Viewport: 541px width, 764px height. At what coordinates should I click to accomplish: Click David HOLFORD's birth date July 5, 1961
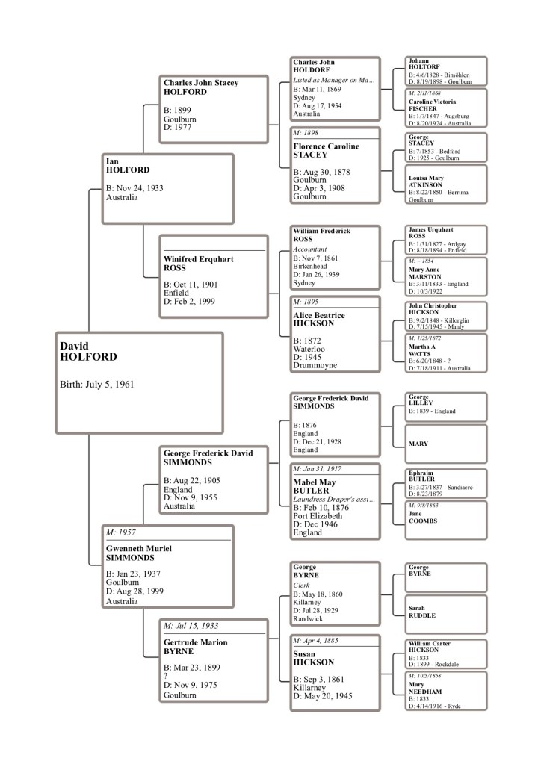[97, 385]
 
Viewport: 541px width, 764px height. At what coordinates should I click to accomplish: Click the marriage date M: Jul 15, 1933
[191, 626]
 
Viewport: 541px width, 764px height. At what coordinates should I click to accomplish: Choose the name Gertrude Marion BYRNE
[196, 647]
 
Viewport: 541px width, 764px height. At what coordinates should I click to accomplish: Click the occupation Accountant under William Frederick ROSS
[310, 249]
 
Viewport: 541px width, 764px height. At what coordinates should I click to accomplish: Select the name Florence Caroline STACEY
[326, 151]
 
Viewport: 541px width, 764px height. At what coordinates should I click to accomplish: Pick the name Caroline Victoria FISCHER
[432, 105]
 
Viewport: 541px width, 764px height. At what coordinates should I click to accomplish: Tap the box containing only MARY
[446, 444]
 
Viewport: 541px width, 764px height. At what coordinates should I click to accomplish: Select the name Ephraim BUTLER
[421, 476]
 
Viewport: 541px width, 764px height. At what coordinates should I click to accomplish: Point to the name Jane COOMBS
[423, 517]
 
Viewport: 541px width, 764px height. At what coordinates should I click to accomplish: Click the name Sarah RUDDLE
[421, 612]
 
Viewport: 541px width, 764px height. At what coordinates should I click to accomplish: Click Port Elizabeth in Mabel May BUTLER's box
[318, 516]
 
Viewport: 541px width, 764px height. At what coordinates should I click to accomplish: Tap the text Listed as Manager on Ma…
[333, 80]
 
